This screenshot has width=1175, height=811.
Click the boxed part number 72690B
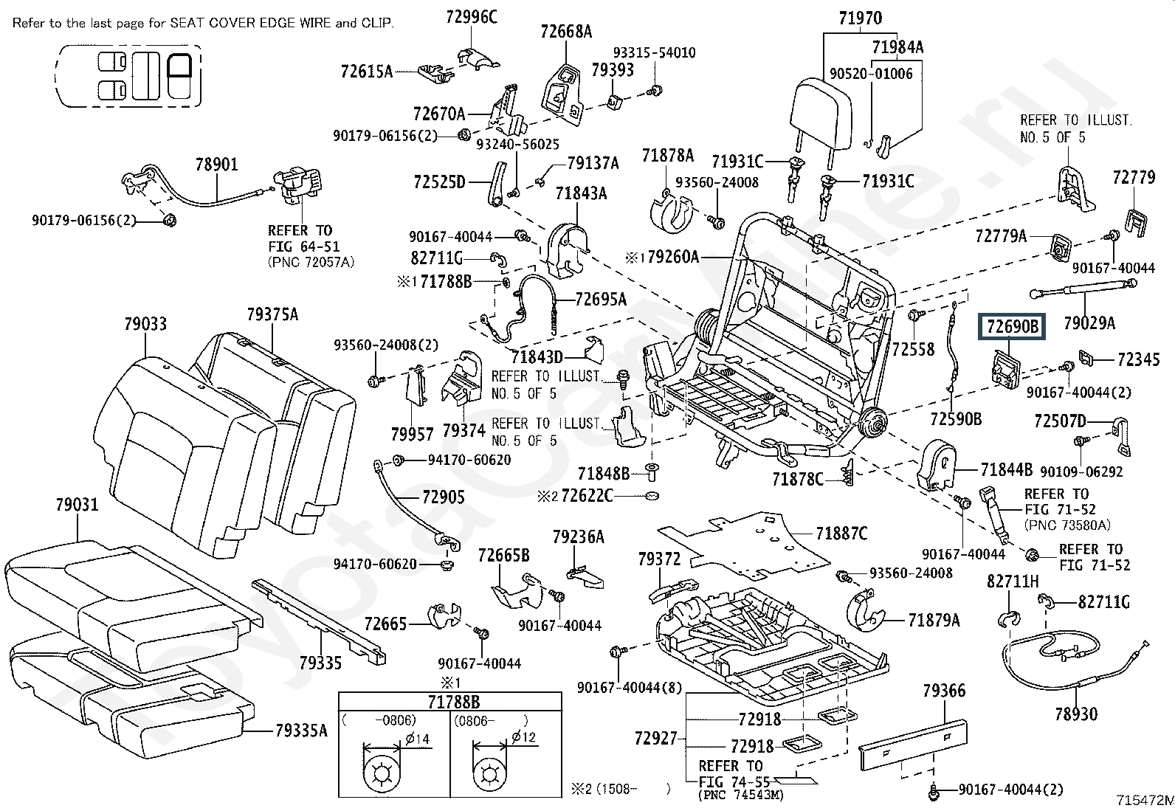(x=1012, y=327)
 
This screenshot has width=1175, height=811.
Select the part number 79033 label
(x=145, y=324)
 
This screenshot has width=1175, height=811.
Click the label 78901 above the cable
(x=217, y=165)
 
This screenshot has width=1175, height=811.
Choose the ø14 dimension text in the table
(x=418, y=739)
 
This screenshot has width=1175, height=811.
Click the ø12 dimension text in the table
(x=523, y=737)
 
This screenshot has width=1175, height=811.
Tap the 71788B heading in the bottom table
(x=453, y=702)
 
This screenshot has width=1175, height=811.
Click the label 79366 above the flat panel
(x=944, y=691)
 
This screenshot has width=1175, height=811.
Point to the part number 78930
(x=1076, y=714)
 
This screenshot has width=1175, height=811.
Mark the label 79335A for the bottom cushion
(x=301, y=731)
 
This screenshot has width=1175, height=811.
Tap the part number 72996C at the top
(x=472, y=17)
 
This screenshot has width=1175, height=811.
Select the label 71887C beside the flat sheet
(x=841, y=534)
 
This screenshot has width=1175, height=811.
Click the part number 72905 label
(x=444, y=497)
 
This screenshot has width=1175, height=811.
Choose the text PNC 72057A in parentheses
(x=311, y=262)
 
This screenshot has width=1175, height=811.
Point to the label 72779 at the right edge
(x=1134, y=178)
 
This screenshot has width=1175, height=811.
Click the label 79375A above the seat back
(x=272, y=315)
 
